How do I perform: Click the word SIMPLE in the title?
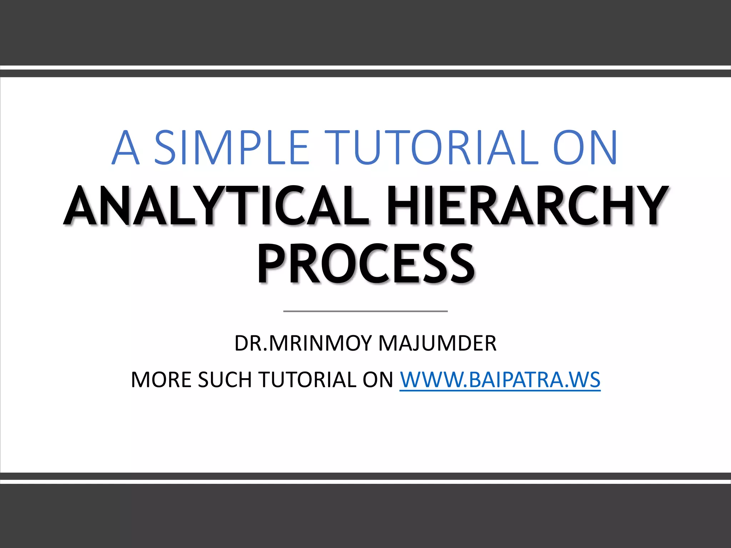click(x=231, y=148)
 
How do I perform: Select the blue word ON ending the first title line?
click(x=585, y=148)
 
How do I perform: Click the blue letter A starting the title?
click(x=125, y=148)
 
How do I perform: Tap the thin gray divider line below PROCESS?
click(x=365, y=311)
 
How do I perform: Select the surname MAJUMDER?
click(x=437, y=343)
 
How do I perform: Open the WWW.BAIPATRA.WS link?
click(x=500, y=379)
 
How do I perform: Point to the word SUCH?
click(x=225, y=379)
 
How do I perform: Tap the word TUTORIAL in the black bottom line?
click(x=307, y=379)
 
